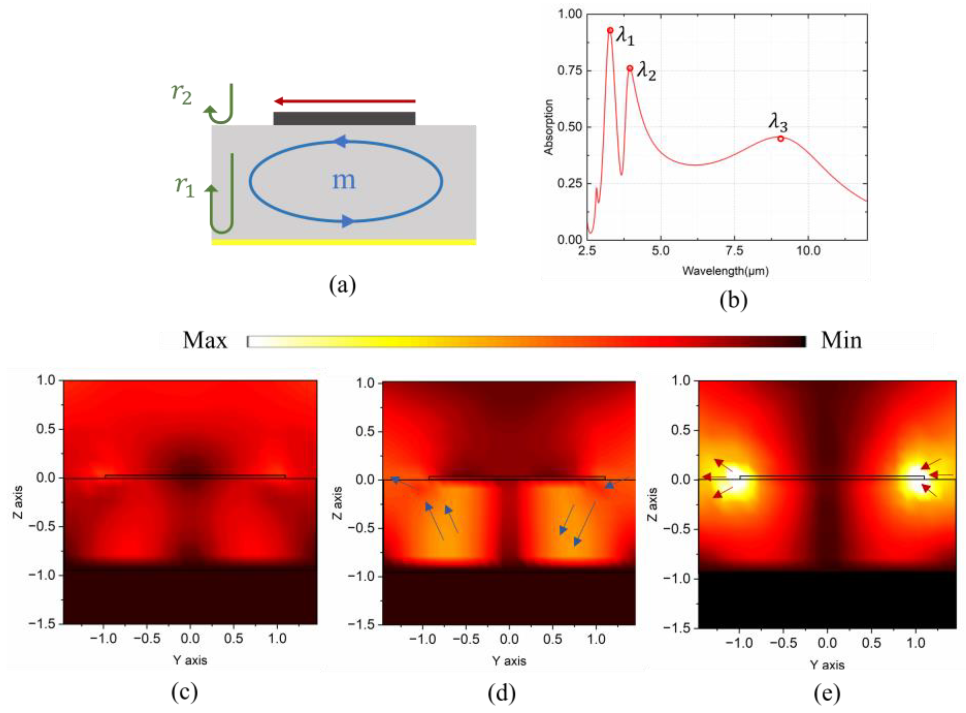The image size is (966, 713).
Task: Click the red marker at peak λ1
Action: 610,30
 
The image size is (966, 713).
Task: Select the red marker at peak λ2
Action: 630,68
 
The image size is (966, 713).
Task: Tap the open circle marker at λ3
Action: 780,139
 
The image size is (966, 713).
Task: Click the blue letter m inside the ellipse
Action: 344,180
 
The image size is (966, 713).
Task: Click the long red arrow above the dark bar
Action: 345,101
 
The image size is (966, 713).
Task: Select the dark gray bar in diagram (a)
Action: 344,119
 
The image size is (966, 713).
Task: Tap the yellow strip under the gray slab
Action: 344,242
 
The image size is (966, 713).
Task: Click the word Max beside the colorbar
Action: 205,341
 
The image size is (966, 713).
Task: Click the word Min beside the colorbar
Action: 841,341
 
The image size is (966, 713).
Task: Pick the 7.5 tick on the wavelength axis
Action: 734,251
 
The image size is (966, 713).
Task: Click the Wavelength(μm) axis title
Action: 726,271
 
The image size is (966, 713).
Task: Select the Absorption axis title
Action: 549,127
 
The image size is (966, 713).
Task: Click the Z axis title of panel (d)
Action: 338,503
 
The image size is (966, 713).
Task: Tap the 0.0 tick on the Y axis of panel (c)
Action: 190,638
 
